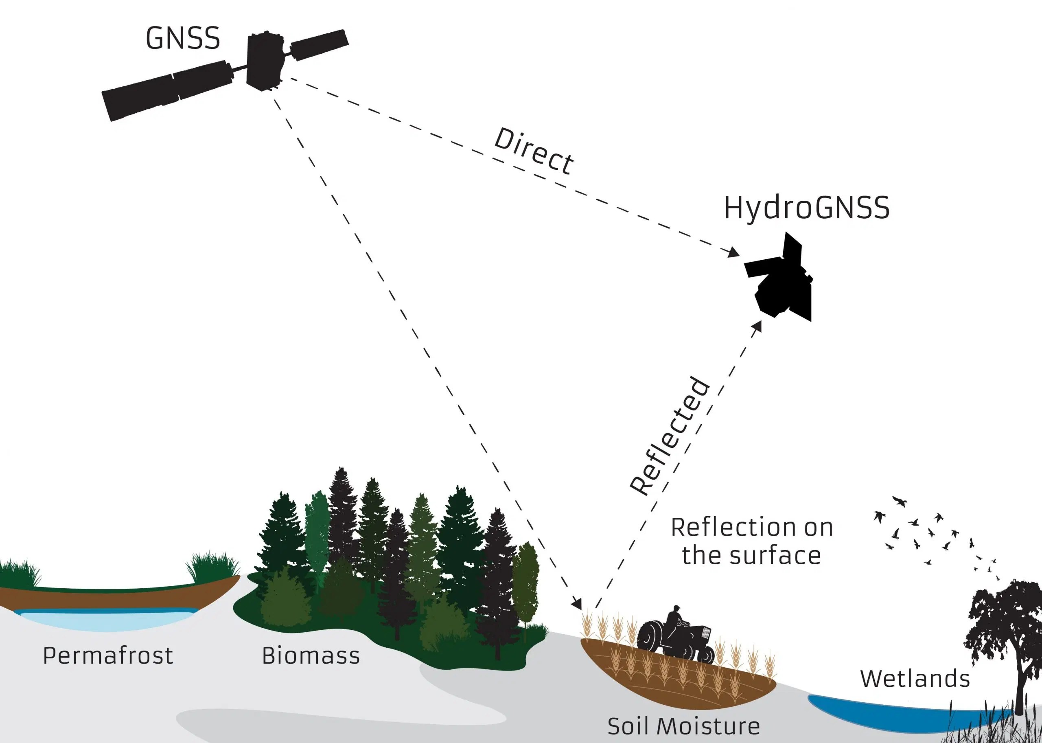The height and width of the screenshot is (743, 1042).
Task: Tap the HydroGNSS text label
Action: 806,208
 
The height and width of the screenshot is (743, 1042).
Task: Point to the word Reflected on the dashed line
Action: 670,436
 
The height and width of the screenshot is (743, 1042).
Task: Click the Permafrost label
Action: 108,655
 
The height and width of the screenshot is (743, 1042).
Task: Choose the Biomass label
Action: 311,655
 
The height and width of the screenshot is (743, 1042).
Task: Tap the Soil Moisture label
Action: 683,725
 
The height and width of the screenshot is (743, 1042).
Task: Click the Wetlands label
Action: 915,679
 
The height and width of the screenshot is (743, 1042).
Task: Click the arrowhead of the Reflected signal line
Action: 757,326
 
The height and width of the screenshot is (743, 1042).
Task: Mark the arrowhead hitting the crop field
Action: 578,604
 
